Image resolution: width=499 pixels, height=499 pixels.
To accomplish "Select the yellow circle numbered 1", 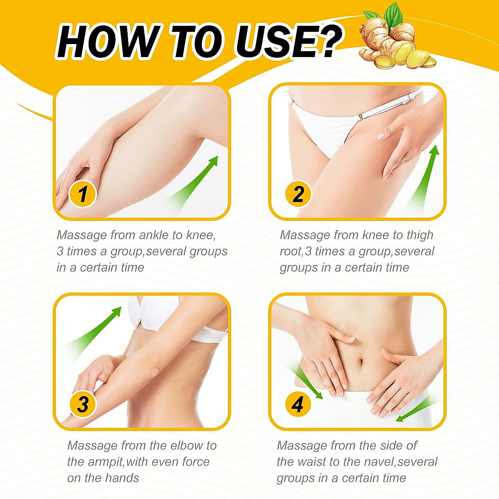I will [82, 194].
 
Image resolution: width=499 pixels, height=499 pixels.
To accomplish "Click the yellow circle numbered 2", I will [298, 194].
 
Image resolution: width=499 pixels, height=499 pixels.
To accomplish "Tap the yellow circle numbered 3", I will [82, 404].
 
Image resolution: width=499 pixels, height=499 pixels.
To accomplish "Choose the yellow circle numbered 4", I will [298, 404].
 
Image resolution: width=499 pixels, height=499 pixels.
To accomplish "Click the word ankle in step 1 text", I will [154, 235].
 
